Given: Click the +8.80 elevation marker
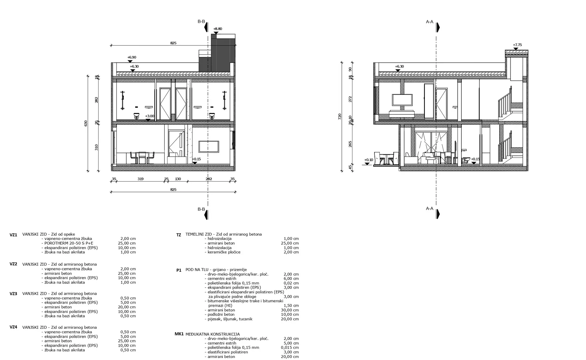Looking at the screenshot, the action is point(218,29).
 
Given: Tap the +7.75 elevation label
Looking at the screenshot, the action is point(517,45).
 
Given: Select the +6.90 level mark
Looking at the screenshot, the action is point(132,57).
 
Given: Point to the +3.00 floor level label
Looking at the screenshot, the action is point(150,116).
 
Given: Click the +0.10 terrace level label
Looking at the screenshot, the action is point(368,160).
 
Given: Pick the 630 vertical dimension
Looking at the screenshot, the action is point(86,123).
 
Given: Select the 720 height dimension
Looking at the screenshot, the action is point(340,117).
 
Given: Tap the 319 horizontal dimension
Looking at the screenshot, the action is point(141,179).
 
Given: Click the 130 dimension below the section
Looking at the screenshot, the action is point(178,179).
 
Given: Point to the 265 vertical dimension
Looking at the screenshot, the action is point(350,144).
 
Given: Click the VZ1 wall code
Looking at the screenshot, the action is point(13,235).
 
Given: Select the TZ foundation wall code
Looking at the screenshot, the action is point(179,235).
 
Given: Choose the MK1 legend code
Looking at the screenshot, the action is point(179,334).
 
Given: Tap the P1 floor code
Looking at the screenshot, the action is point(179,270).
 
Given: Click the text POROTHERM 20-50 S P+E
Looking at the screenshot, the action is point(69,243).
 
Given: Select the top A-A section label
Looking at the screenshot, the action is point(430,22).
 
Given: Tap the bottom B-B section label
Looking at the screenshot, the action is point(201,209).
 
